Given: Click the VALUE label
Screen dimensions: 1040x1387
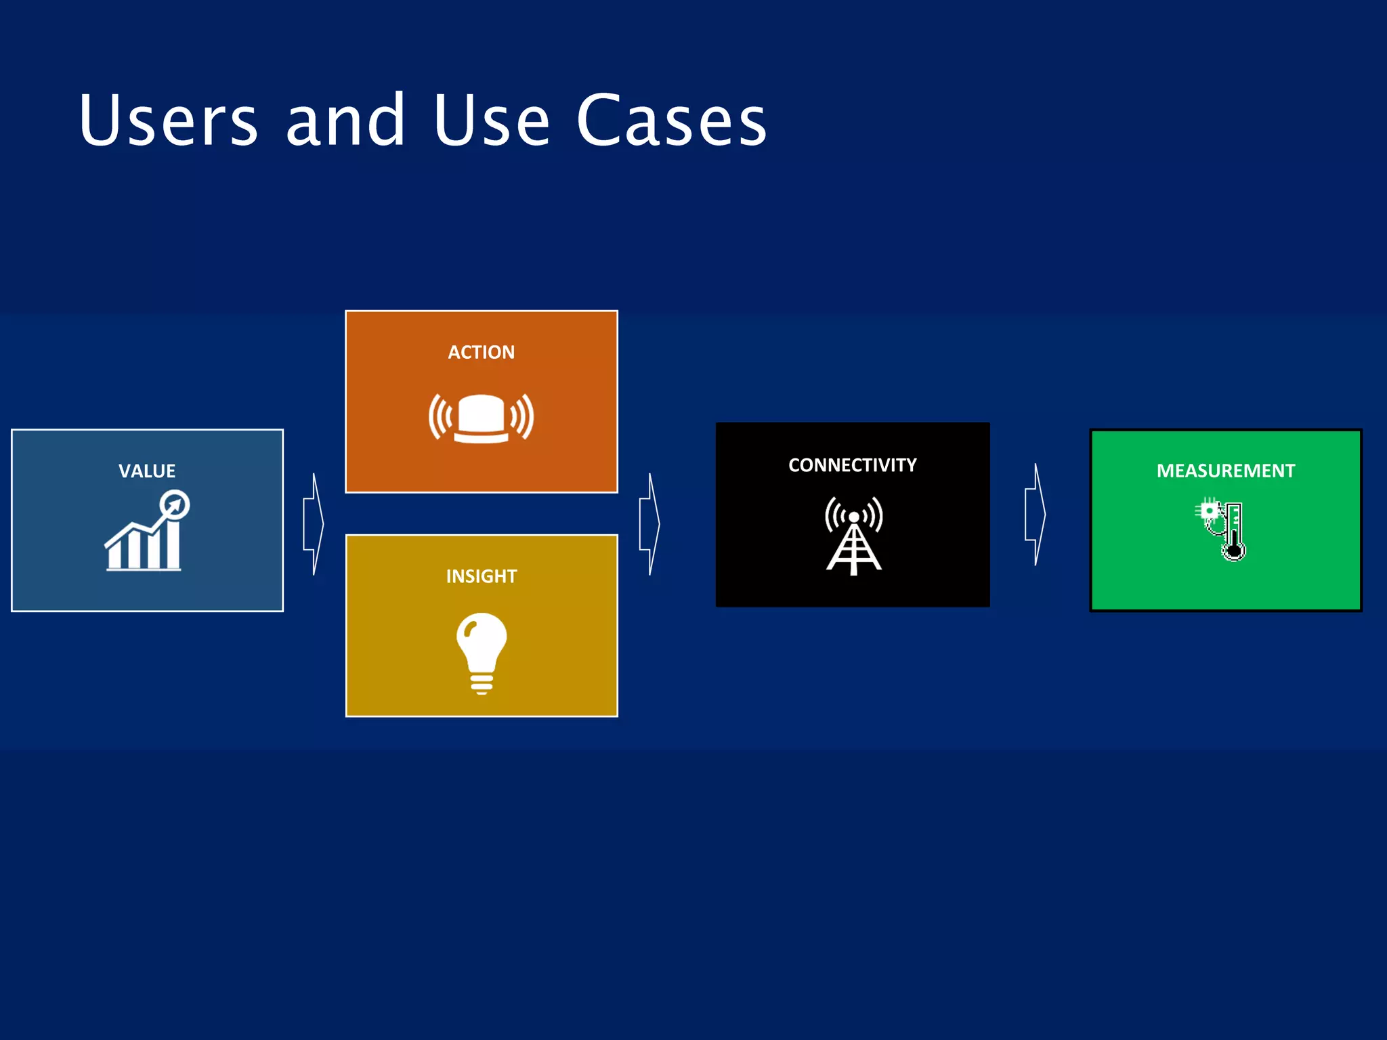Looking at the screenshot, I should (147, 471).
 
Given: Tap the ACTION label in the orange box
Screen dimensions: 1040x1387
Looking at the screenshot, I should (481, 352).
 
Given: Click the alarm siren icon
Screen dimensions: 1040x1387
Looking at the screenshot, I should (481, 418).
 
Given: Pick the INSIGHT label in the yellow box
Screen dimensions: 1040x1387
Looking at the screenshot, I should (481, 576).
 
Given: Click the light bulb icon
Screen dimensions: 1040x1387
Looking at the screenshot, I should (482, 650).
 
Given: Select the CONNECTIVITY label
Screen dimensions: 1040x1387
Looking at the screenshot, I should (852, 465).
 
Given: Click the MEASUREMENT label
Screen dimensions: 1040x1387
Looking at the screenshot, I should (1225, 471).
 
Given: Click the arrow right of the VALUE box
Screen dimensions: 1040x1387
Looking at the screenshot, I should (314, 524).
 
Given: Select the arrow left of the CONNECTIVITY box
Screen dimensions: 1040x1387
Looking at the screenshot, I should (649, 524).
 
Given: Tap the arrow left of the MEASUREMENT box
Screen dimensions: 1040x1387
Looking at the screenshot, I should (1035, 515).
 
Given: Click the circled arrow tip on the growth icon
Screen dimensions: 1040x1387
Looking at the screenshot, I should (175, 505).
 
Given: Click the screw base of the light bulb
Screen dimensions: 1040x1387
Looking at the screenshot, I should (482, 684).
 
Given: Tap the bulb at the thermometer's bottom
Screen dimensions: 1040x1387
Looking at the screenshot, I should (1234, 552).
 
